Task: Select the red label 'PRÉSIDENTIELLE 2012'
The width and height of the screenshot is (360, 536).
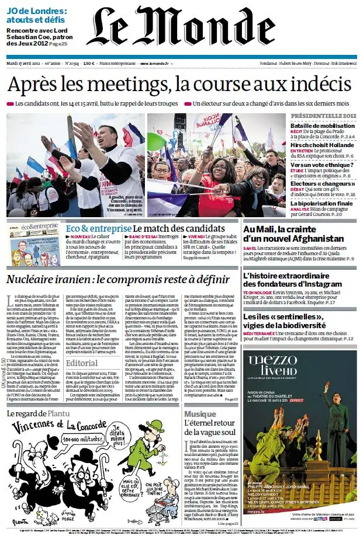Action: click(x=323, y=117)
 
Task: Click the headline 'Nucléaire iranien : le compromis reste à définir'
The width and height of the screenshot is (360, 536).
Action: click(x=118, y=280)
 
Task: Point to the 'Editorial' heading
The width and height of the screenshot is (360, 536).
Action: click(x=82, y=363)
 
